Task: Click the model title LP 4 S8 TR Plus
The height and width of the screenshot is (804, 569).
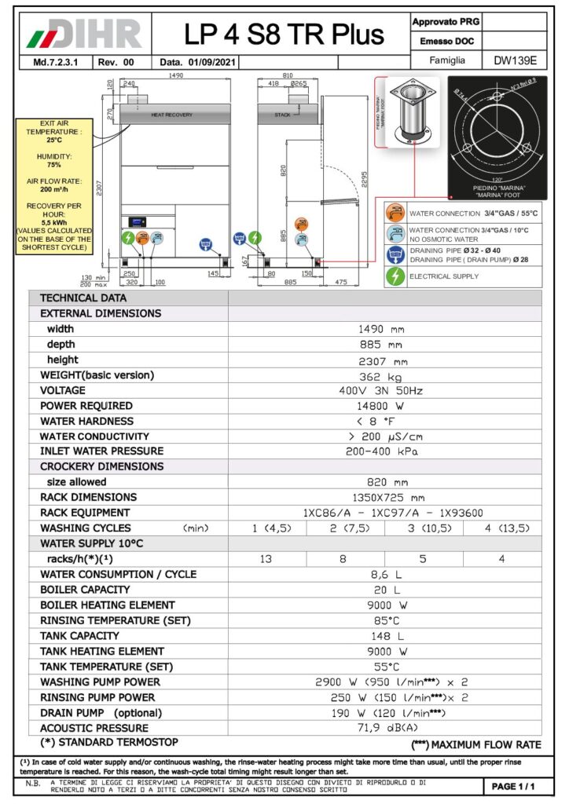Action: (284, 34)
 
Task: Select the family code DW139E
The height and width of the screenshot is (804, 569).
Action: (515, 60)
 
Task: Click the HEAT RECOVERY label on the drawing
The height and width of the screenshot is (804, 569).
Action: (171, 115)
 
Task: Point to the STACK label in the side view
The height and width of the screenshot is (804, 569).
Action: (282, 115)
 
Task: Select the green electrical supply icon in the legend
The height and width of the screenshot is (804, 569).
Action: (395, 276)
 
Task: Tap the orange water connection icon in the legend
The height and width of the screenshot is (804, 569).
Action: (395, 213)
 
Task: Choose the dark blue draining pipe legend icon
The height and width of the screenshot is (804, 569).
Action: (395, 254)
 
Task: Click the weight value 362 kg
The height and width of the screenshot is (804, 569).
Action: (384, 375)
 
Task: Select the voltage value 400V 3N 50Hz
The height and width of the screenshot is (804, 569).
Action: (384, 390)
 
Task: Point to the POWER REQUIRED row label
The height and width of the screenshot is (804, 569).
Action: (86, 406)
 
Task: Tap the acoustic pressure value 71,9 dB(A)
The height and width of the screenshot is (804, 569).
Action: (384, 728)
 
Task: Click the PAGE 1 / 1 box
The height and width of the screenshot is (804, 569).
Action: (513, 786)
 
